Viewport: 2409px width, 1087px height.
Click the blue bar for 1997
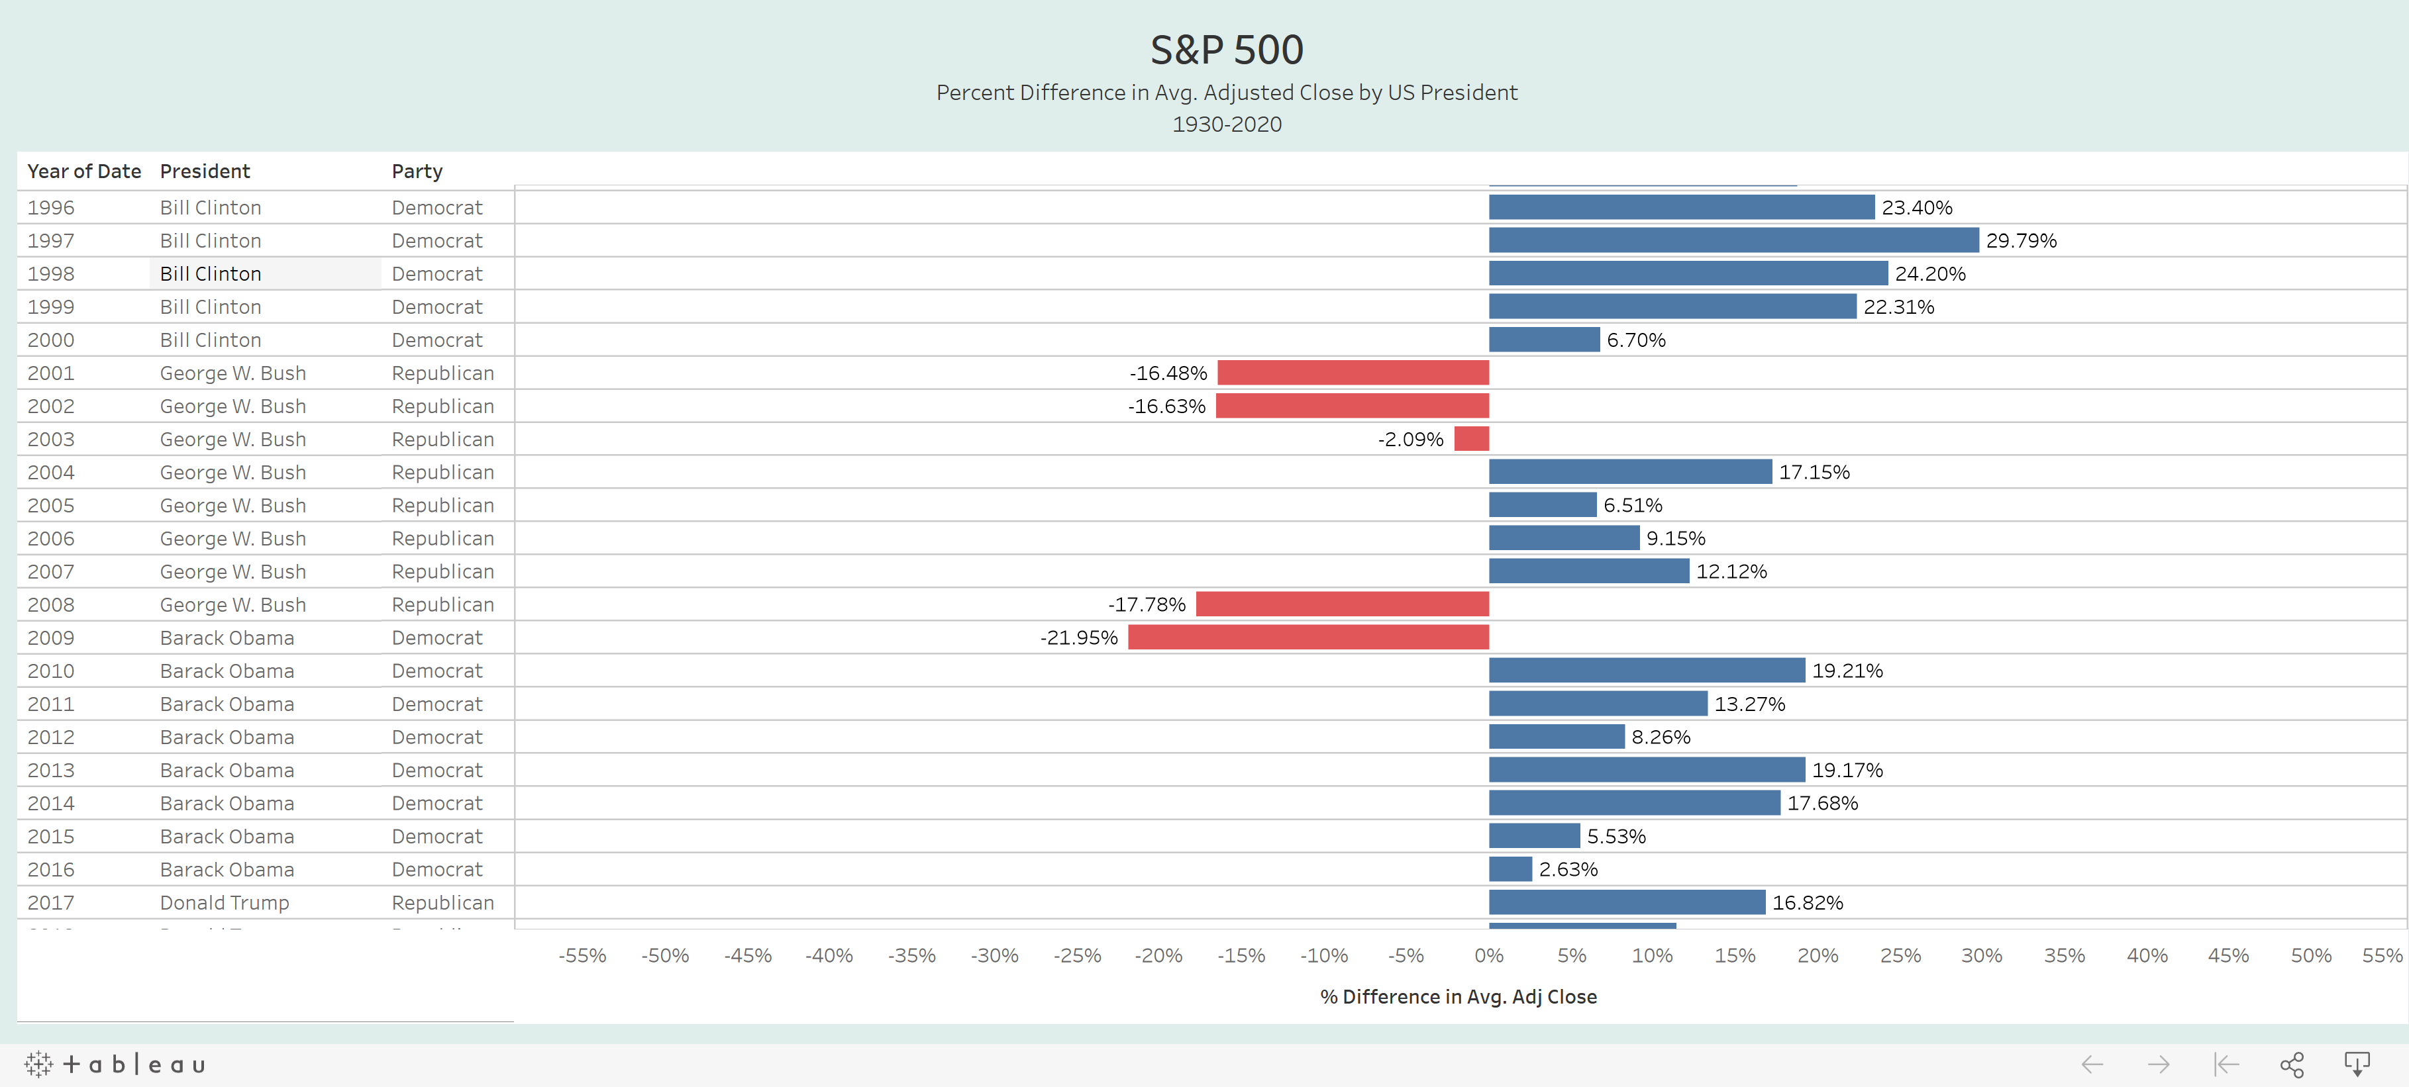(1734, 240)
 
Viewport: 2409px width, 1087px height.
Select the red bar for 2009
(1308, 638)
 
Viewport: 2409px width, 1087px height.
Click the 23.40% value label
(1917, 207)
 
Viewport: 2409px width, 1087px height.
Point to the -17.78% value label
(1147, 604)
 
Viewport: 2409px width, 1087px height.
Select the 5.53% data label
(1616, 837)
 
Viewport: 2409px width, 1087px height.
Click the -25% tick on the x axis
(1076, 955)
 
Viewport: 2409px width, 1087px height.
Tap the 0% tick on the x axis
(1489, 955)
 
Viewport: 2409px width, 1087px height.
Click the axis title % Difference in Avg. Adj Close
(1458, 996)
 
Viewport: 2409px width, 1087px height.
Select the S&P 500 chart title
(1227, 50)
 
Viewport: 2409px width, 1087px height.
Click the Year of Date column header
(84, 171)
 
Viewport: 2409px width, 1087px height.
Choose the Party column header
(417, 171)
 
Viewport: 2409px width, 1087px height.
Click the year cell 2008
(50, 604)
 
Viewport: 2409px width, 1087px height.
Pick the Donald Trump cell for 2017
(225, 903)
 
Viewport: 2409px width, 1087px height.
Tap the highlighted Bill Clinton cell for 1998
(211, 274)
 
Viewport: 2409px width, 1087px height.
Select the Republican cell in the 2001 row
(442, 373)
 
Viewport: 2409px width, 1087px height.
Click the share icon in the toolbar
(2291, 1064)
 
